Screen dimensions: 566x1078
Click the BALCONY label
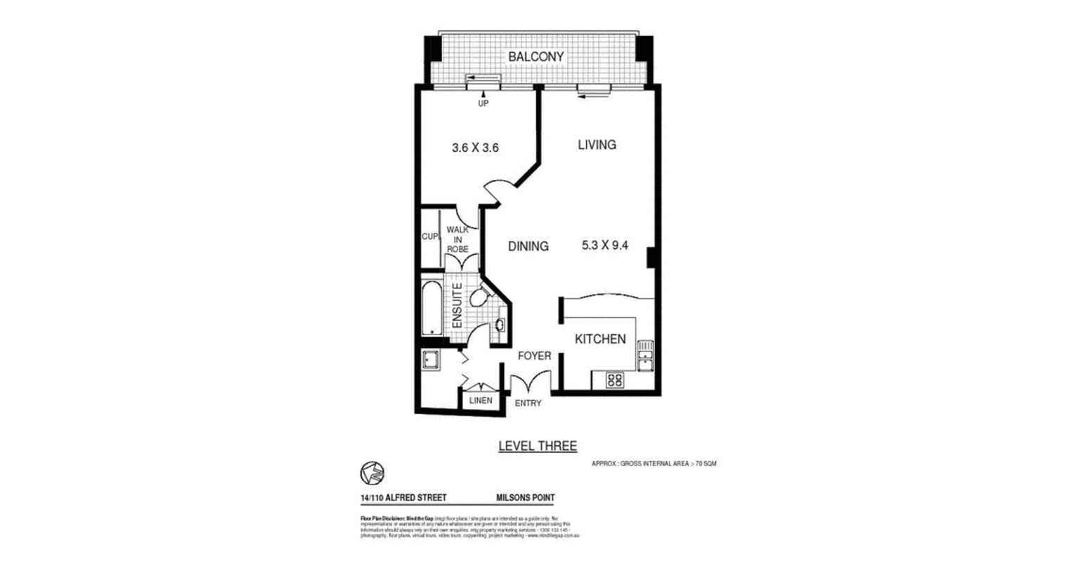[x=536, y=56]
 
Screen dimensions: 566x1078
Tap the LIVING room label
[x=597, y=145]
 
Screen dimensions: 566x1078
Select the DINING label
[x=528, y=246]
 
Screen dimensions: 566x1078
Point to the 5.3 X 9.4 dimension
[x=604, y=246]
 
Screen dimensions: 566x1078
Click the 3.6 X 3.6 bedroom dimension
[x=475, y=148]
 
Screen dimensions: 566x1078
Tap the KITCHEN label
[x=600, y=340]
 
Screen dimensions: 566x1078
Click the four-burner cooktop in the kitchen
[x=615, y=380]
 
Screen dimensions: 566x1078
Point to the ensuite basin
[x=500, y=325]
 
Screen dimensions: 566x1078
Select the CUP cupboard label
[x=429, y=237]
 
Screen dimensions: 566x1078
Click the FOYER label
[x=534, y=356]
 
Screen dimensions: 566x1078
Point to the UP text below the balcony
[x=483, y=103]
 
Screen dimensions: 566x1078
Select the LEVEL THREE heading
[x=537, y=446]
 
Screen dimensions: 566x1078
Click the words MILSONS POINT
[x=526, y=498]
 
